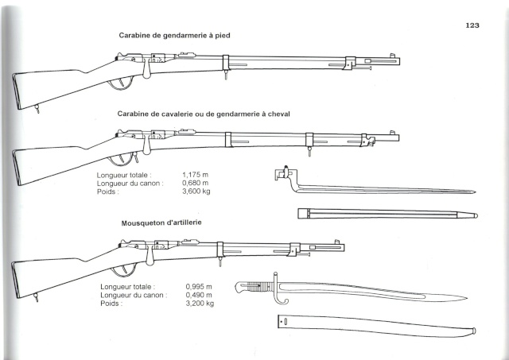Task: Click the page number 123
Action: pos(472,25)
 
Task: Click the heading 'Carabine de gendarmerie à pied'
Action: pos(174,35)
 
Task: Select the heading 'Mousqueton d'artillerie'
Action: pos(161,223)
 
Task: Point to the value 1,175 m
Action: pos(195,175)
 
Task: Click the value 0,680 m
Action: pos(195,184)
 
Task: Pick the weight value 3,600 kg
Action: pos(196,192)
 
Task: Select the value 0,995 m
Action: pos(199,287)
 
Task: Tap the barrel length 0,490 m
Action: pos(199,295)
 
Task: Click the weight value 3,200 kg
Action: pos(200,304)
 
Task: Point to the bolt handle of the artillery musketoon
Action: pos(150,256)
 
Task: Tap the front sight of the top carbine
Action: pos(392,56)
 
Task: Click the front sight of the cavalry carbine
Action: pos(392,133)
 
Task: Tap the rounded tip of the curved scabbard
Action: pos(474,331)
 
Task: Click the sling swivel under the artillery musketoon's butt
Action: pos(36,297)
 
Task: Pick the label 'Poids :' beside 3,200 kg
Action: pos(111,304)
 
